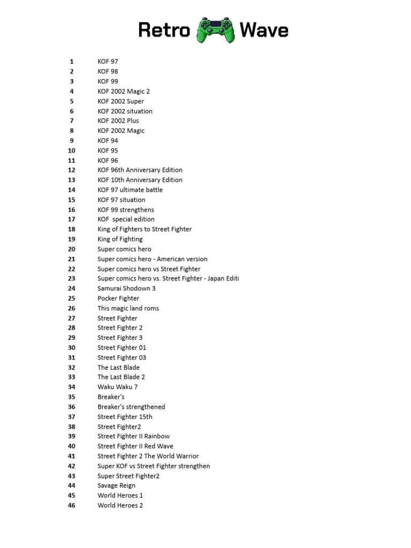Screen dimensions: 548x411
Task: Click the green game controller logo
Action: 215,30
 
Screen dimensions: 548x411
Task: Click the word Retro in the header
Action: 164,30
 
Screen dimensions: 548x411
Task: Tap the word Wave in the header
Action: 264,30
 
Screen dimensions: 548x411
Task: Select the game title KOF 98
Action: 108,71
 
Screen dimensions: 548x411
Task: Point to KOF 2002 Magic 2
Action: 124,91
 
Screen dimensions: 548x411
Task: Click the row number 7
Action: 72,120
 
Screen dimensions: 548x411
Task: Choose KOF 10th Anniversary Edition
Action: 140,180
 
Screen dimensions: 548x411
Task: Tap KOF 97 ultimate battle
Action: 130,189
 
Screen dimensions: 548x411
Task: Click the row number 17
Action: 72,219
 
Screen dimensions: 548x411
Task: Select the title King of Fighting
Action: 120,239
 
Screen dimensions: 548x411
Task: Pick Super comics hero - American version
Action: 152,259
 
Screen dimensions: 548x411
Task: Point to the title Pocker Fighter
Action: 118,298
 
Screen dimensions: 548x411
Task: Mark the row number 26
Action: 72,308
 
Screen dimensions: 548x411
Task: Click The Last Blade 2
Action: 121,377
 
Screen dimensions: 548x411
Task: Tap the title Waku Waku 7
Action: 117,387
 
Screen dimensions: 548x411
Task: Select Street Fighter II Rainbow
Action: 133,436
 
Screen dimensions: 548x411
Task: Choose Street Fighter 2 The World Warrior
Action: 148,456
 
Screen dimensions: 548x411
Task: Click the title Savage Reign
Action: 116,485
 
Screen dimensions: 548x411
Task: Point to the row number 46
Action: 72,505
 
